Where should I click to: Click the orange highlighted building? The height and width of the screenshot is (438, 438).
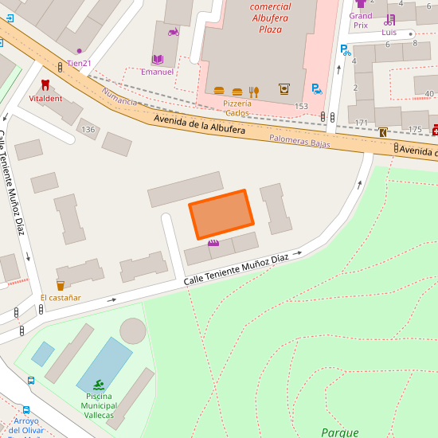(221, 214)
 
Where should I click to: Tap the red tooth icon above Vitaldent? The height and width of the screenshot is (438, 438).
(45, 84)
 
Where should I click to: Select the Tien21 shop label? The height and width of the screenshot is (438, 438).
(79, 63)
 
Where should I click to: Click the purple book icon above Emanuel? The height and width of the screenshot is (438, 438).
(158, 60)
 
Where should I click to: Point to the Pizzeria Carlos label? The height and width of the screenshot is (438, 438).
(237, 108)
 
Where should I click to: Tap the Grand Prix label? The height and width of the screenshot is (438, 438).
(361, 20)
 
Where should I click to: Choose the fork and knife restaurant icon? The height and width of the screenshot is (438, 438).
(254, 91)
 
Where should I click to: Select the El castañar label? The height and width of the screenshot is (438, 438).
(61, 298)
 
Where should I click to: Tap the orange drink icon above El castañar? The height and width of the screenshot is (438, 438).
(60, 285)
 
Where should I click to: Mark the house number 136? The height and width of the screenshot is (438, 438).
(88, 130)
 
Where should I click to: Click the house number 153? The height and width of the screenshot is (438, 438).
(301, 106)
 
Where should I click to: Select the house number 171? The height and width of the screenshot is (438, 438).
(362, 123)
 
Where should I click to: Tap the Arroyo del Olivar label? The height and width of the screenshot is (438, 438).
(27, 425)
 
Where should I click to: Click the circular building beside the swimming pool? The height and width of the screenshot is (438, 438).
(133, 331)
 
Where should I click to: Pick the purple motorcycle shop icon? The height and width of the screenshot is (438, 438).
(173, 32)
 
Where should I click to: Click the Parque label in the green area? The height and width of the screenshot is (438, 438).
(340, 432)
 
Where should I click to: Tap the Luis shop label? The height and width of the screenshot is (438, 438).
(389, 32)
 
